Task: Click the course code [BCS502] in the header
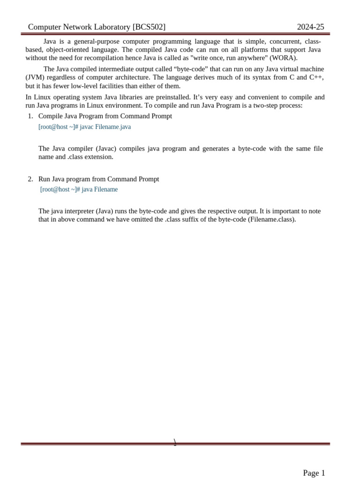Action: tap(149, 27)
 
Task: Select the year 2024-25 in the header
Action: tap(310, 27)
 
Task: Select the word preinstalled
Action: tap(169, 97)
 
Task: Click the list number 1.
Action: tap(30, 116)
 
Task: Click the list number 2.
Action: tap(30, 179)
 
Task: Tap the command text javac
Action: tap(87, 127)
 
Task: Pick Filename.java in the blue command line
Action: tap(113, 127)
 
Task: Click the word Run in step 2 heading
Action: tap(44, 179)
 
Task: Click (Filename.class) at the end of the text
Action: tap(272, 219)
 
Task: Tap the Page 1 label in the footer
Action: tap(314, 473)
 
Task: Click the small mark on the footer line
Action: tap(175, 442)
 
